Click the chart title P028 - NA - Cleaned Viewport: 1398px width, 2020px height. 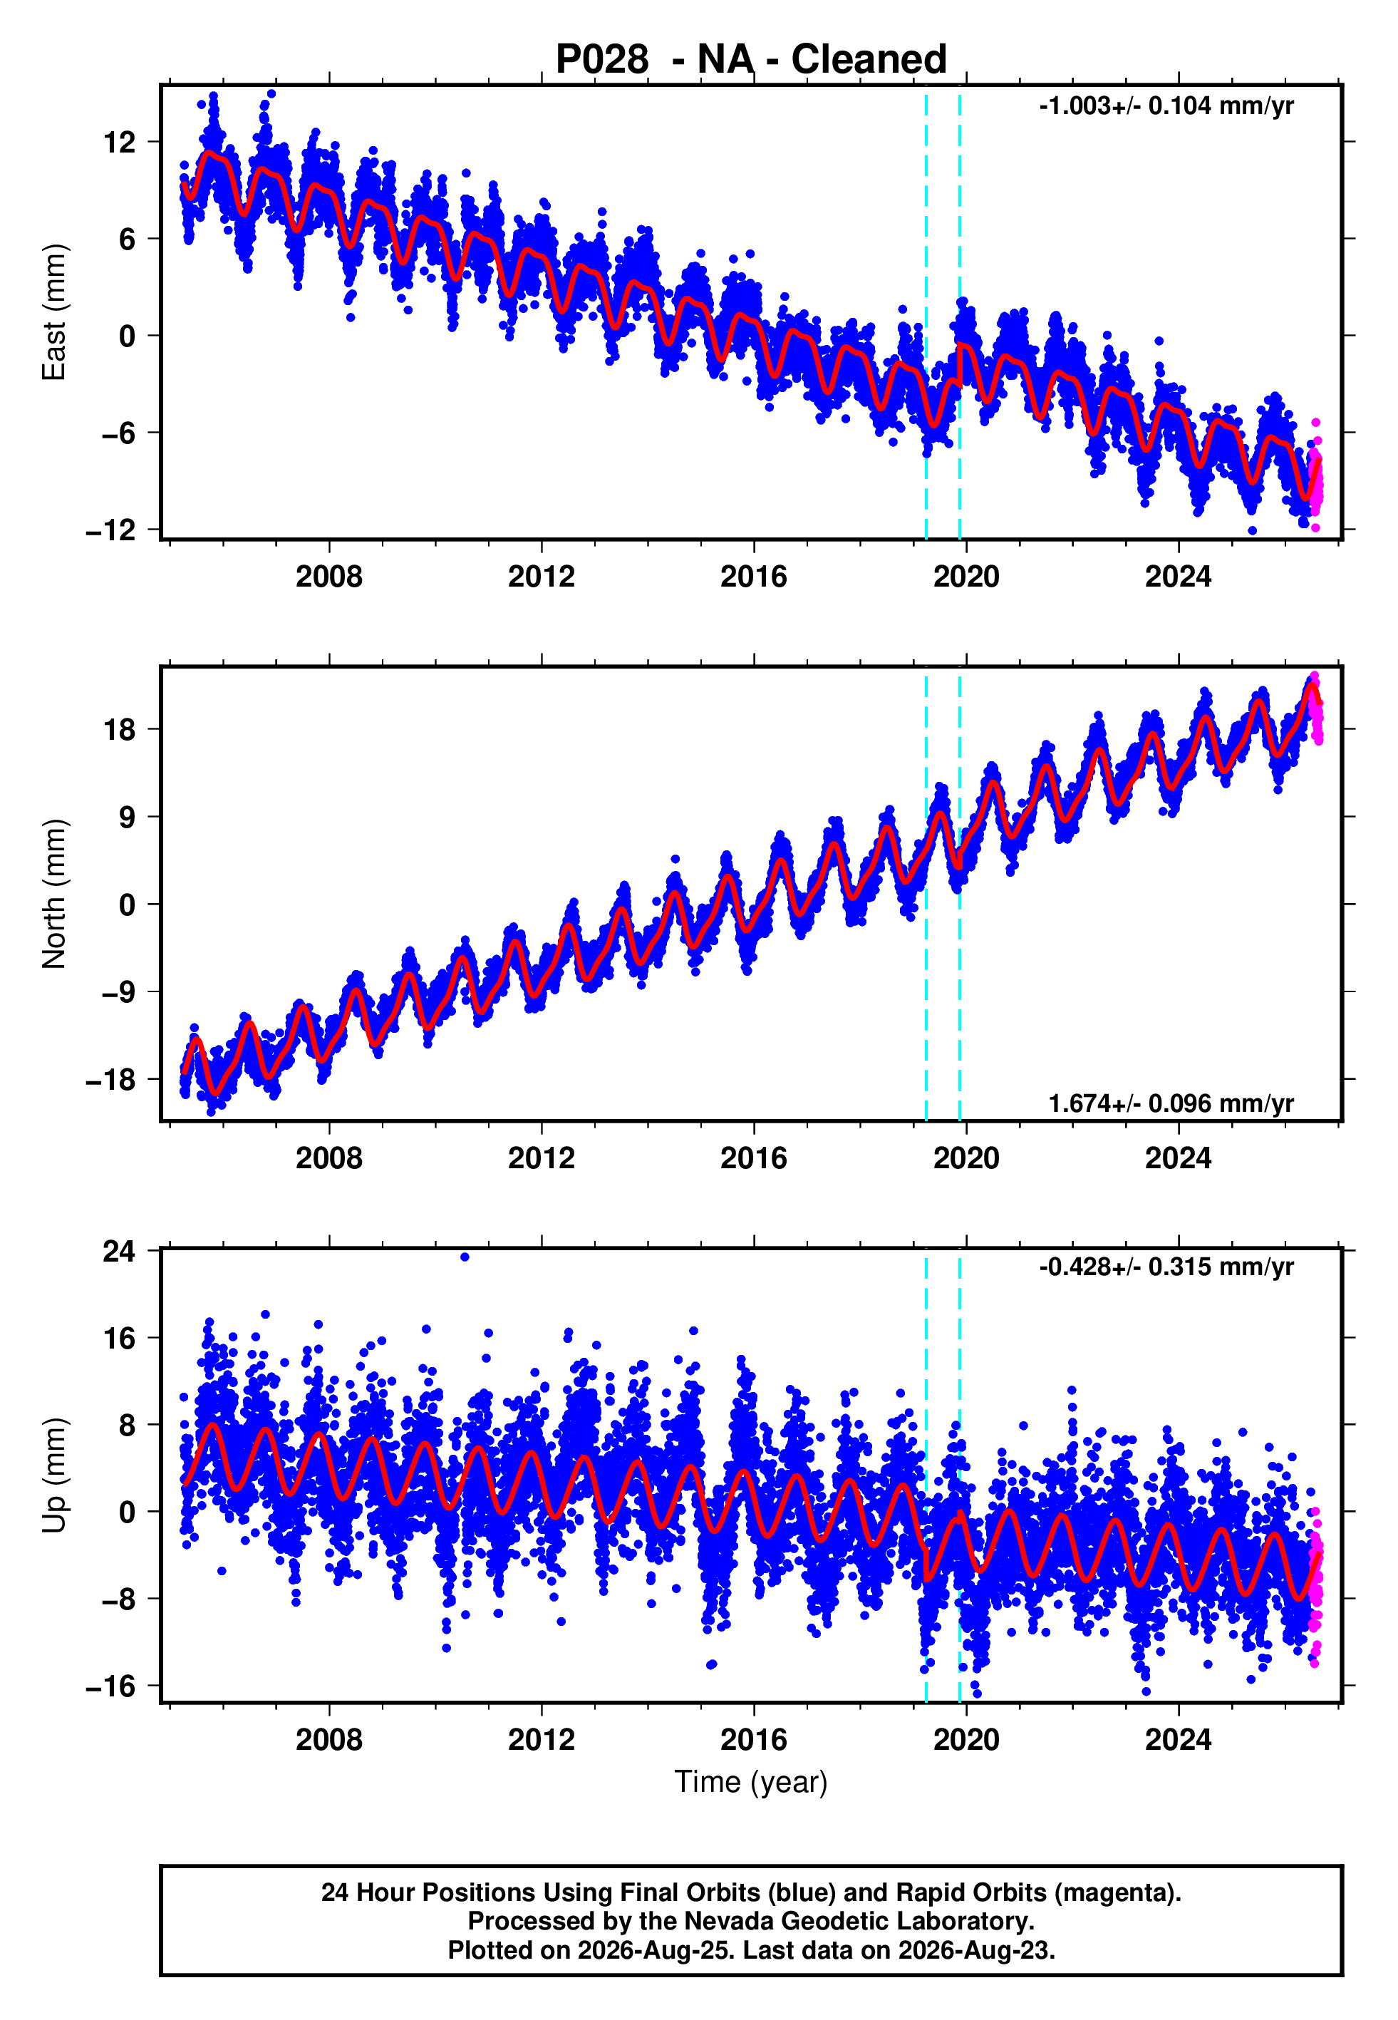[751, 60]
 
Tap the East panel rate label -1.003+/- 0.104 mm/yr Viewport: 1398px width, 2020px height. [1166, 106]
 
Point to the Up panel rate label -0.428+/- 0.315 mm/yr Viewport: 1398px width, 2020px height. [1166, 1267]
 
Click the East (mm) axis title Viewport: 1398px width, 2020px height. [54, 312]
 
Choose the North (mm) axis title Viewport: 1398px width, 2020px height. [54, 894]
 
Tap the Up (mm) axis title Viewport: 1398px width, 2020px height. [54, 1475]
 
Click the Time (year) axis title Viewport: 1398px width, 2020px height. [751, 1783]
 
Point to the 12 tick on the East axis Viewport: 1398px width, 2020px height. [119, 142]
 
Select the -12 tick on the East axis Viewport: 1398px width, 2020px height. [110, 530]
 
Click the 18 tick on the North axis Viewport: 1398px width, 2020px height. [119, 729]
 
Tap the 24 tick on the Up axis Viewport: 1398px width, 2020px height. [119, 1251]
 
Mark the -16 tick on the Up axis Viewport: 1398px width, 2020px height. [110, 1686]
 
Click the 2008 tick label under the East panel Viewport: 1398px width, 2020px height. [329, 577]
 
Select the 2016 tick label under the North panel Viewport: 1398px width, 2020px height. [754, 1159]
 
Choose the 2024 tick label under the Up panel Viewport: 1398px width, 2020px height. [1179, 1741]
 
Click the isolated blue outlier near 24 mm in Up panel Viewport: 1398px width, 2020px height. [465, 1257]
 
